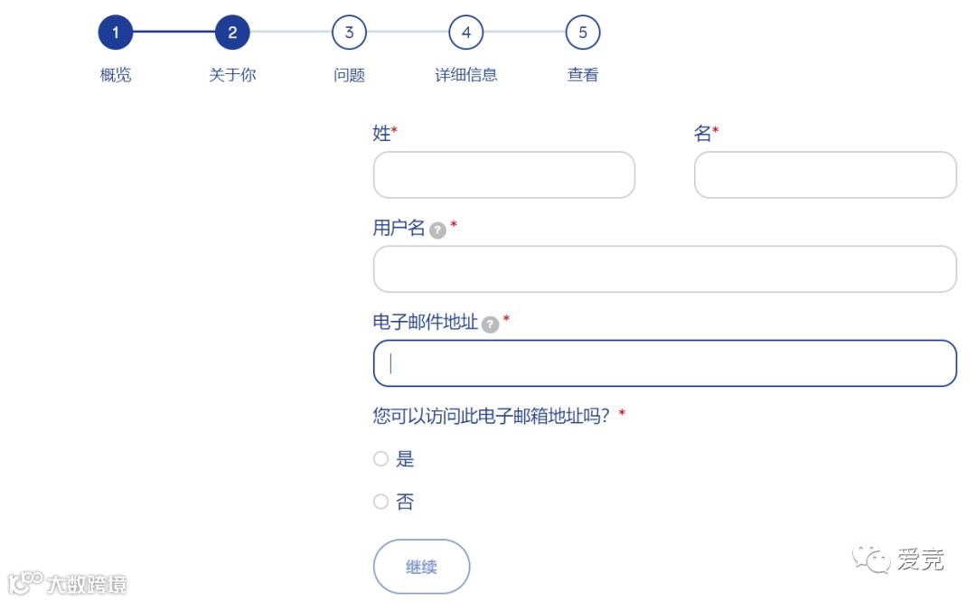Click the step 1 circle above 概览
point(116,33)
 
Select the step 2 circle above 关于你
point(232,33)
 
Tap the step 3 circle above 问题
point(349,33)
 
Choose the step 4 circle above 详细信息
point(465,33)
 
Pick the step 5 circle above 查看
point(583,33)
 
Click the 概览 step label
point(116,75)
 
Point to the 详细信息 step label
point(465,75)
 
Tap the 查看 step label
point(583,75)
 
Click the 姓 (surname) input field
point(503,174)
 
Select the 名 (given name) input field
point(825,174)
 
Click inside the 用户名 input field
point(664,268)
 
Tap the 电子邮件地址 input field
point(664,363)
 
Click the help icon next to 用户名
point(437,230)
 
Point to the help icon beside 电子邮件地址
point(490,325)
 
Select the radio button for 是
point(380,459)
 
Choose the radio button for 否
point(380,502)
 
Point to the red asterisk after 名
point(716,132)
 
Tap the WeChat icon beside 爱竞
point(872,558)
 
